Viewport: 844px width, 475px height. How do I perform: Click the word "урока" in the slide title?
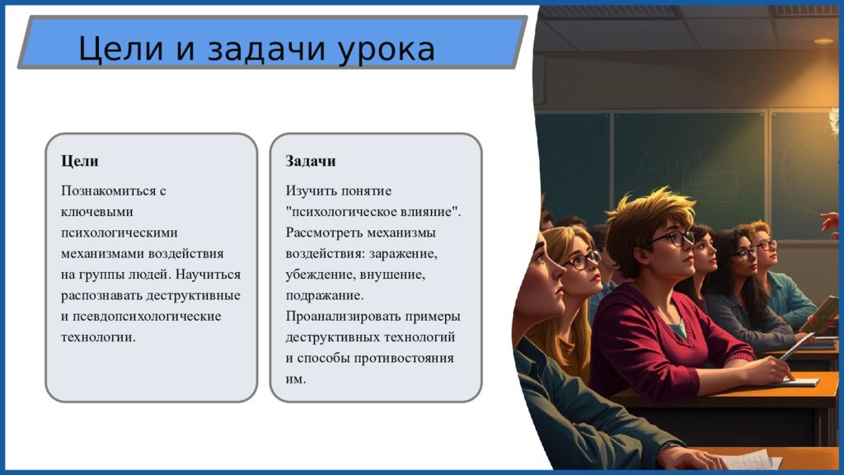tap(387, 50)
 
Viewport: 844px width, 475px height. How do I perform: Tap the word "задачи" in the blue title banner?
tap(266, 49)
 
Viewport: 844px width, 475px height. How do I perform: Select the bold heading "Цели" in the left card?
tap(80, 162)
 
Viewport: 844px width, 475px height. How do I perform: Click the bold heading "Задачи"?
tap(311, 161)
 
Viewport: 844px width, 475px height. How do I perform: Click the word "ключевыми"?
tap(97, 212)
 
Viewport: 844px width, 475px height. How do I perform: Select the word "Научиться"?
tap(209, 275)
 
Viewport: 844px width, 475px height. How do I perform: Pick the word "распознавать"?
tap(101, 296)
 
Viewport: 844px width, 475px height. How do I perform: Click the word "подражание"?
tap(325, 296)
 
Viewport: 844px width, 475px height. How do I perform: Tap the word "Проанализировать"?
tap(343, 316)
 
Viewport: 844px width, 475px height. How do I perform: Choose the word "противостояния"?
tap(404, 358)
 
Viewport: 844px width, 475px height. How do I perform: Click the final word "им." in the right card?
tap(296, 379)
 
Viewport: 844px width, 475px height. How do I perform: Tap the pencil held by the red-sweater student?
tap(796, 346)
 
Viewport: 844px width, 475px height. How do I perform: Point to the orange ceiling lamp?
tap(823, 41)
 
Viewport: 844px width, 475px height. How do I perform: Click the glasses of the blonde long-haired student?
tap(581, 261)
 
